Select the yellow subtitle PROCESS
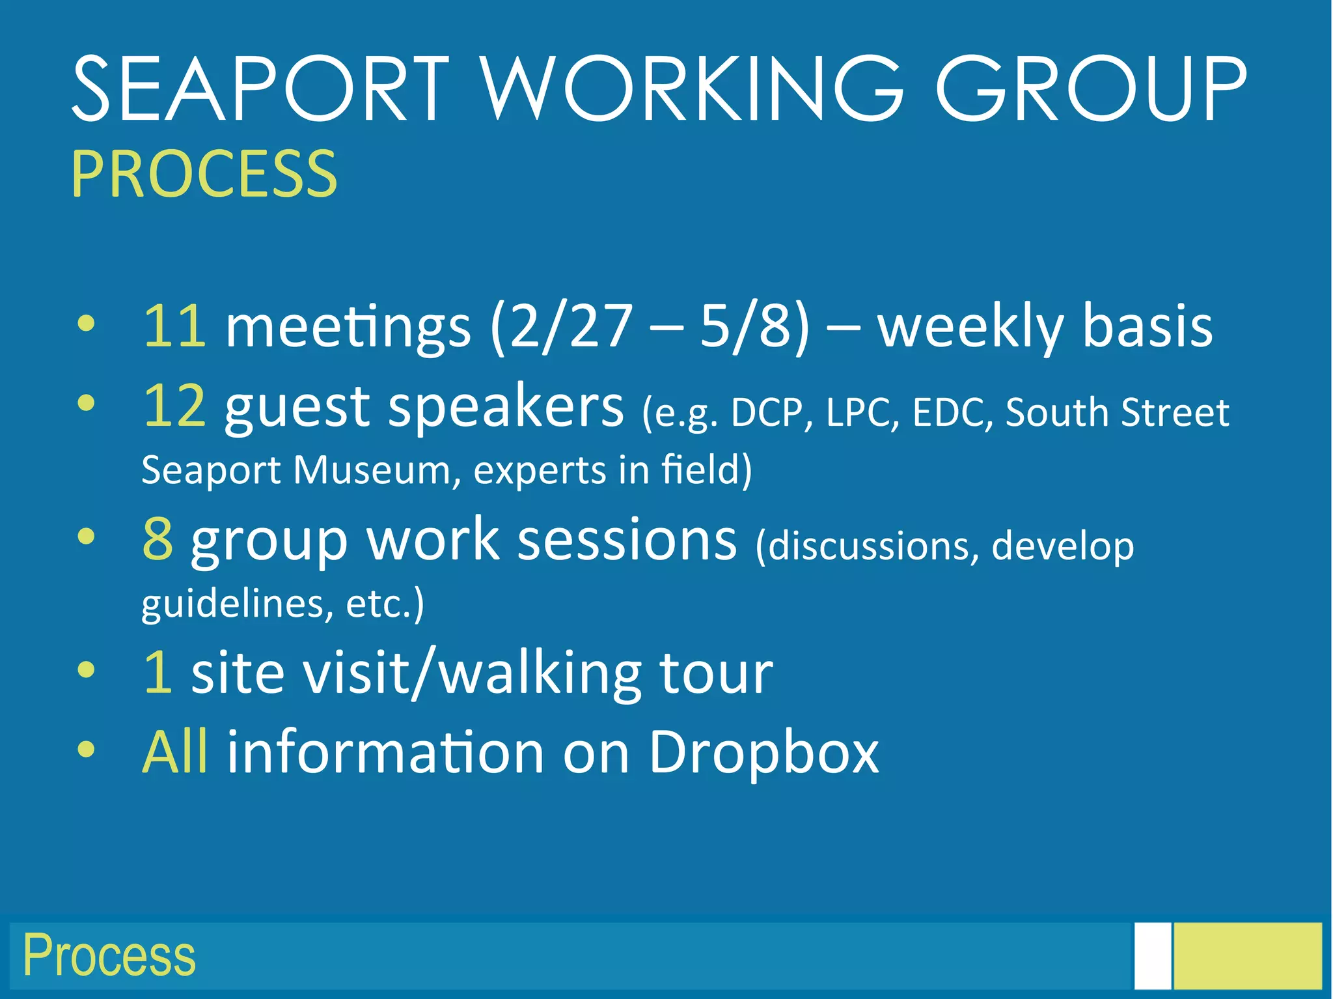(204, 174)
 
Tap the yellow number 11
(174, 326)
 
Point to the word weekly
(970, 328)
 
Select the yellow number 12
(174, 406)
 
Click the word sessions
(627, 541)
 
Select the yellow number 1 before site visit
(158, 673)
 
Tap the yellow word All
(175, 752)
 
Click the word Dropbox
(763, 753)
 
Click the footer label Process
(109, 955)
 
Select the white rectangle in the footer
(1152, 955)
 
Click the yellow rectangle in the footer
(1248, 955)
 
